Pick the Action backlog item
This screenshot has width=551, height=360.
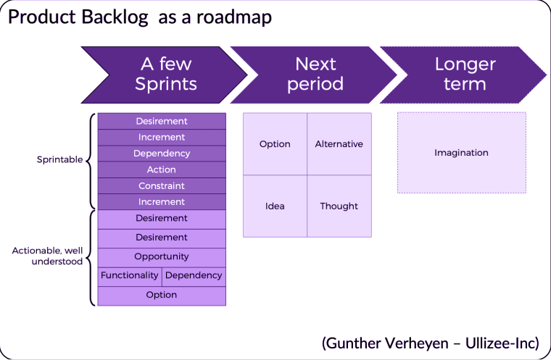click(x=162, y=169)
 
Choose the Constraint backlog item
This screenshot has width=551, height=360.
click(x=162, y=186)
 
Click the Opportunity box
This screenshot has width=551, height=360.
click(x=162, y=257)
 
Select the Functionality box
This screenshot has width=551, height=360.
click(x=130, y=277)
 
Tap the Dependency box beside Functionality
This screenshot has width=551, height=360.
click(x=194, y=277)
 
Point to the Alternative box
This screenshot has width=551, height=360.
click(x=339, y=144)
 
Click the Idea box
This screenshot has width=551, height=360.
click(x=275, y=206)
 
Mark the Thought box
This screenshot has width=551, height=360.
click(x=339, y=206)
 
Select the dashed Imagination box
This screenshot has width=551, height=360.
click(x=462, y=152)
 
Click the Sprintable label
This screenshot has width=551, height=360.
click(x=59, y=159)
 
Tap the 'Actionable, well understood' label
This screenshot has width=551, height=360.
click(x=47, y=256)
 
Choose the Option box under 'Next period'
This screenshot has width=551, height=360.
click(x=275, y=144)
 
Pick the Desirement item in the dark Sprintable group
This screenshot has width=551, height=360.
click(x=162, y=121)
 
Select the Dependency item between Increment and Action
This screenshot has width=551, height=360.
click(x=162, y=154)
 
